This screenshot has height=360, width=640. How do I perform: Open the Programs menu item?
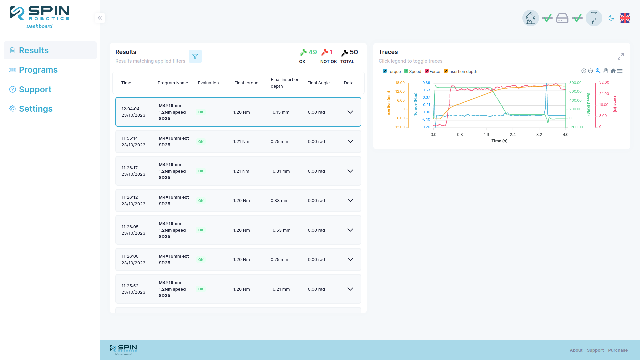coord(38,70)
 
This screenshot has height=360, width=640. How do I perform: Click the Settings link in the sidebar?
coord(36,109)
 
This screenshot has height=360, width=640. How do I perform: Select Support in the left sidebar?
coord(35,89)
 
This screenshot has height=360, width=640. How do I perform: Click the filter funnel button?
coord(195,56)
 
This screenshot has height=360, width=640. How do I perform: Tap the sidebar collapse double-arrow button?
coord(100,18)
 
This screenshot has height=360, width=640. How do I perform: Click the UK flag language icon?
coord(625,18)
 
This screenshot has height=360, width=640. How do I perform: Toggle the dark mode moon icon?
coord(611,18)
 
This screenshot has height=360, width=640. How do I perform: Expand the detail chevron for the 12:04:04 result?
coord(350,112)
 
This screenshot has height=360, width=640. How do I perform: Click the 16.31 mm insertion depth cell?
coord(280,171)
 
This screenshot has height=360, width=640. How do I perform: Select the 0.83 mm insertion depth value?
coord(279,200)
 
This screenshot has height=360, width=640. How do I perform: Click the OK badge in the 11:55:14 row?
coord(201,142)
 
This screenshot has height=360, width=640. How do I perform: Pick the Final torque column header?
coord(246,83)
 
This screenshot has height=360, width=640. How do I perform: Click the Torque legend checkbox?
coord(385,71)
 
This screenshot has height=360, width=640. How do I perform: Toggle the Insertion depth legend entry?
coord(460,71)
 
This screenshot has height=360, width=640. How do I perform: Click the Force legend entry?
coord(432,71)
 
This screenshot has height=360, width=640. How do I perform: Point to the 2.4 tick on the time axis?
coord(513,135)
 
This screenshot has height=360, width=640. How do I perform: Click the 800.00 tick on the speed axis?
coord(575,83)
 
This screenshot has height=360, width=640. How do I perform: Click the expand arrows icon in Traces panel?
coord(621,57)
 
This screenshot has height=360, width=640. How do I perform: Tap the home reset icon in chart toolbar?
coord(613,71)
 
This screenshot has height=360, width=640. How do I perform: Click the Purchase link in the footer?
coord(618,350)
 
